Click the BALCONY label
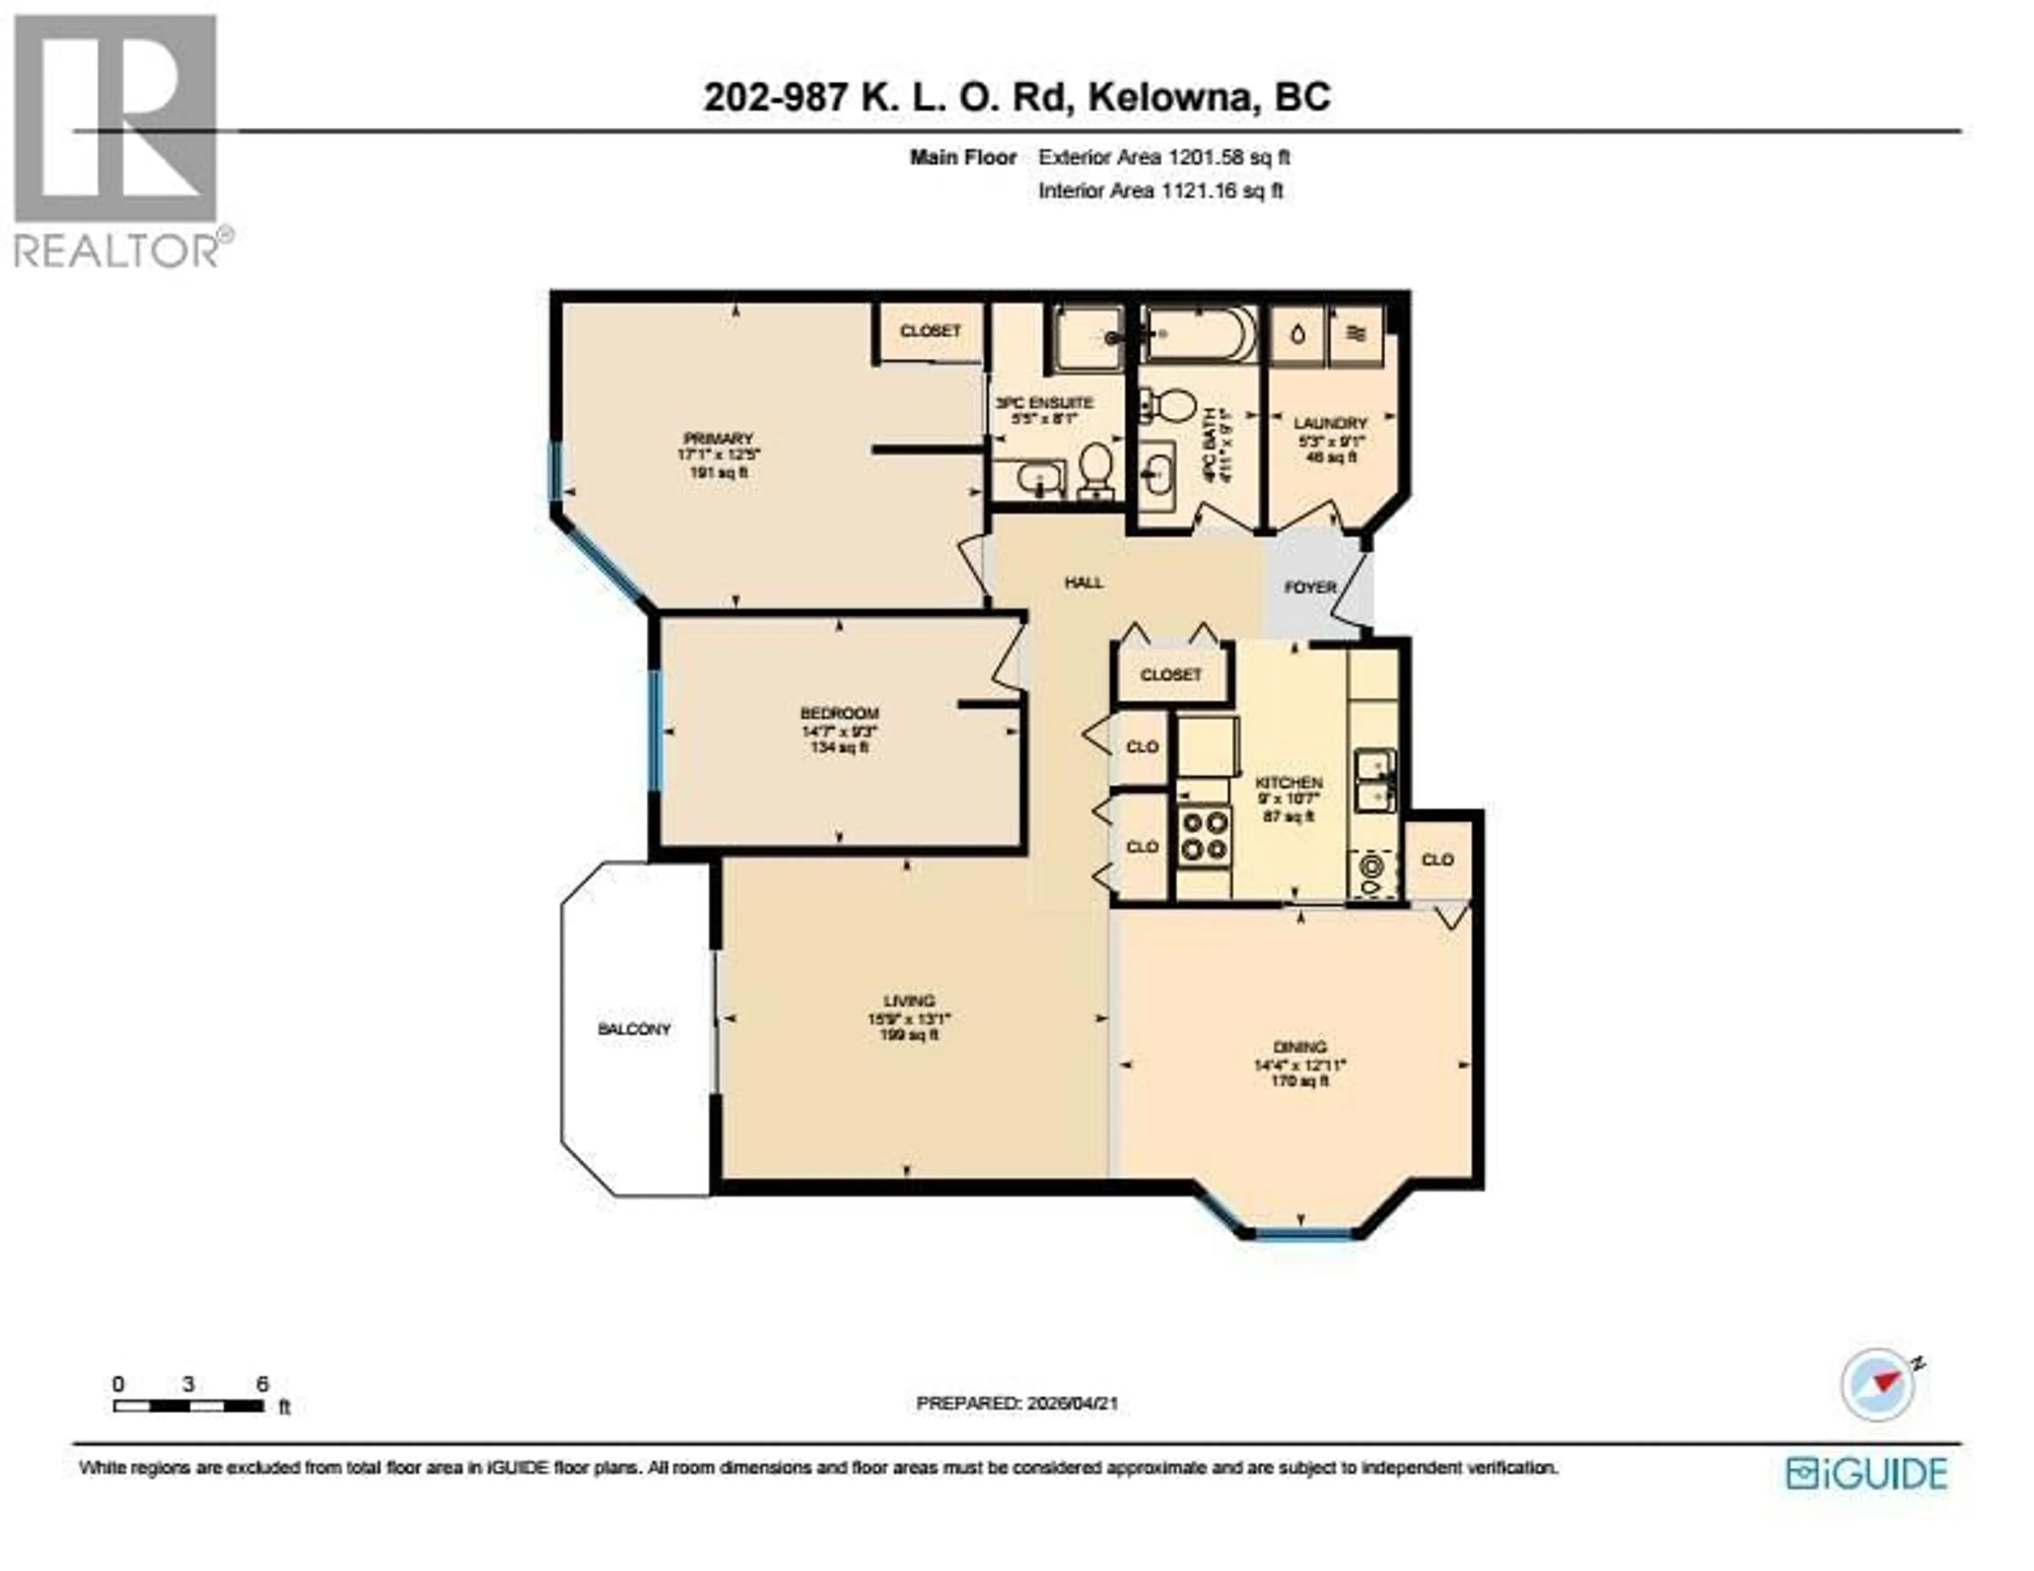pyautogui.click(x=634, y=1029)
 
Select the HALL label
pyautogui.click(x=1084, y=583)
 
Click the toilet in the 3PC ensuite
pyautogui.click(x=1097, y=470)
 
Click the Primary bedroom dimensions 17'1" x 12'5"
pyautogui.click(x=718, y=455)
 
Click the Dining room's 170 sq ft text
pyautogui.click(x=1300, y=1081)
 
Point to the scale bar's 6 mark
pyautogui.click(x=263, y=1385)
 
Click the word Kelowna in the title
pyautogui.click(x=1169, y=97)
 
